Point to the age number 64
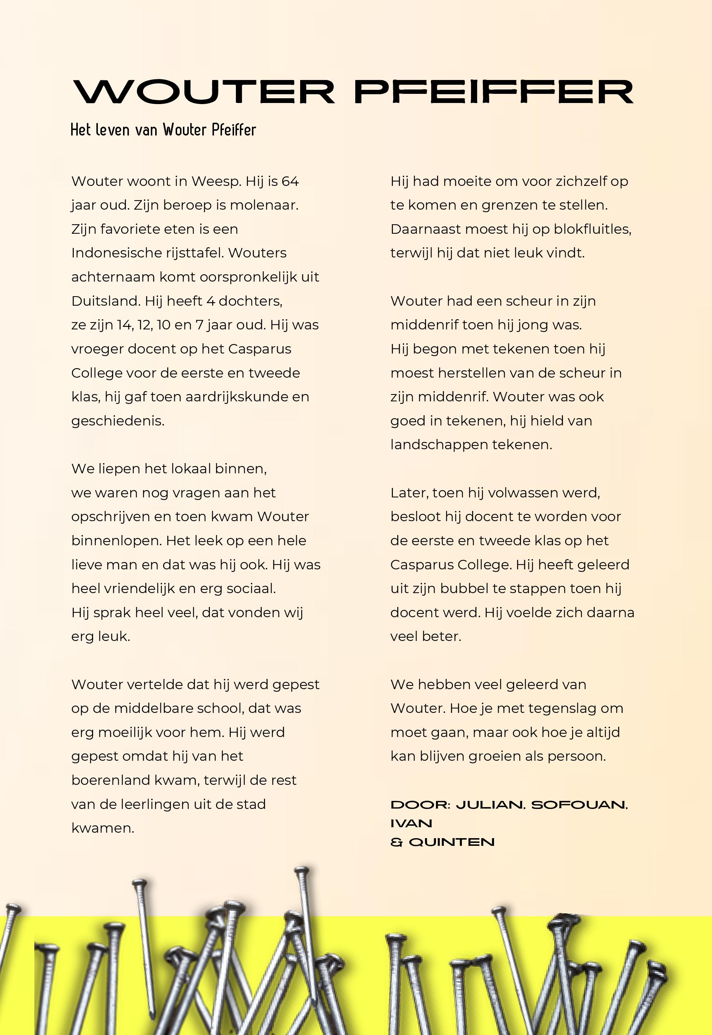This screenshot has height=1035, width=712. tap(290, 181)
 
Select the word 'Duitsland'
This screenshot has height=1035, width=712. tap(106, 301)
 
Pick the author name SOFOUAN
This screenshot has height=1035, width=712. tap(579, 805)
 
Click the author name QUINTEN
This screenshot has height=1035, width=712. tap(451, 842)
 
